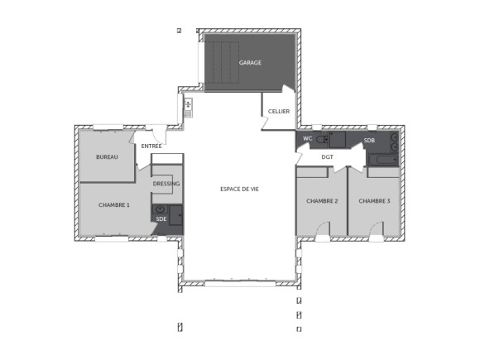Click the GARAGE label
pyautogui.click(x=250, y=63)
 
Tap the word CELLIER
pyautogui.click(x=278, y=112)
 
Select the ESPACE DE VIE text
pyautogui.click(x=240, y=190)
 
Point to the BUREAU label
pyautogui.click(x=107, y=157)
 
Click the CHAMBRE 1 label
pyautogui.click(x=114, y=204)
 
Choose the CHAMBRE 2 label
pyautogui.click(x=322, y=201)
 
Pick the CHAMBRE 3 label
pyautogui.click(x=374, y=201)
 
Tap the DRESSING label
pyautogui.click(x=166, y=184)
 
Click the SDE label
pyautogui.click(x=160, y=218)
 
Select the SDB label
pyautogui.click(x=369, y=142)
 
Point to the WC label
pyautogui.click(x=307, y=137)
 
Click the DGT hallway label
pyautogui.click(x=327, y=157)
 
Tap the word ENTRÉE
pyautogui.click(x=151, y=146)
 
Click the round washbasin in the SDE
pyautogui.click(x=160, y=209)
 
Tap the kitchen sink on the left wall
pyautogui.click(x=188, y=105)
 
